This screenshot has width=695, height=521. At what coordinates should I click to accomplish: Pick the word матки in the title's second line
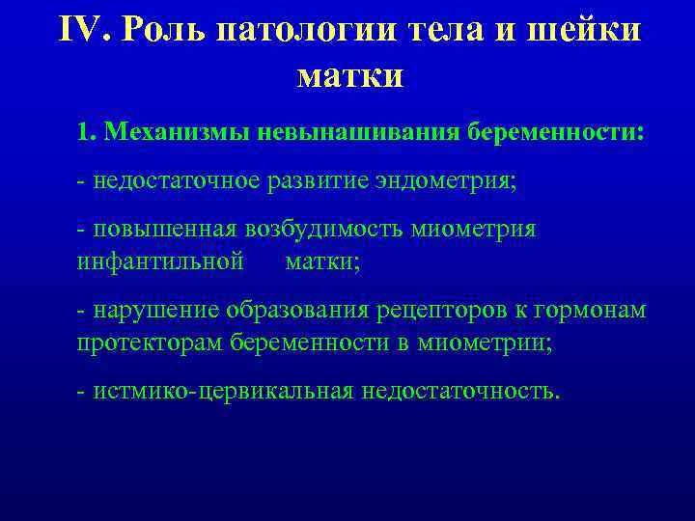click(x=350, y=74)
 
